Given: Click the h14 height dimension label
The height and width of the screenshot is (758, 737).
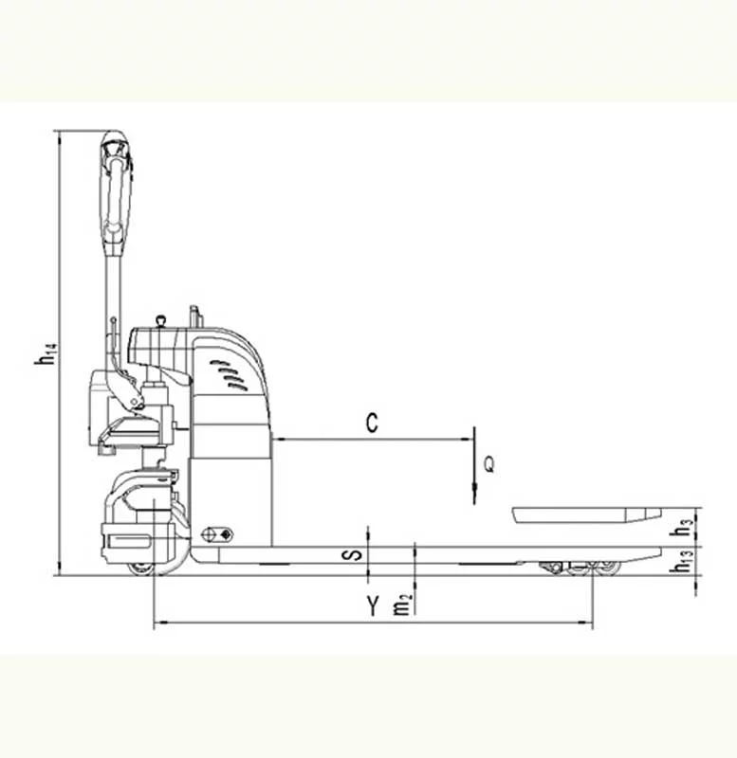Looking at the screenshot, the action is click(x=46, y=353).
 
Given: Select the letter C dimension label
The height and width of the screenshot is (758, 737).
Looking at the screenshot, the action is click(x=372, y=423).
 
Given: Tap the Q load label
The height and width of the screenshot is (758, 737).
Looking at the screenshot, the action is click(x=489, y=464).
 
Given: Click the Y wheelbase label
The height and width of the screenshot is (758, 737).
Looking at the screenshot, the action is click(x=372, y=605).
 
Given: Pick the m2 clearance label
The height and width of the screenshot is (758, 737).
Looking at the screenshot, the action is click(x=402, y=605).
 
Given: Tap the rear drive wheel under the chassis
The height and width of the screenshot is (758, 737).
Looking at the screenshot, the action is click(x=140, y=568).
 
